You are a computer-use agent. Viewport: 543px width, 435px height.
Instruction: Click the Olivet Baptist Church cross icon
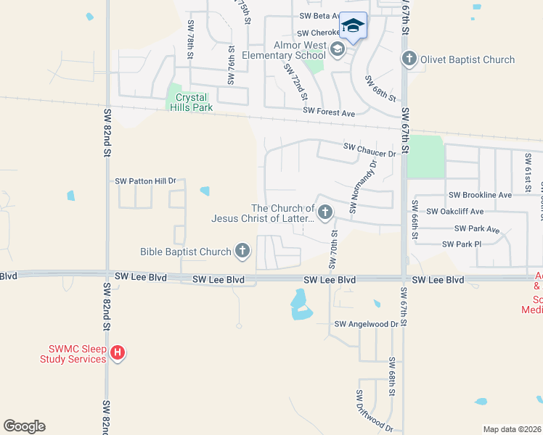coord(409,59)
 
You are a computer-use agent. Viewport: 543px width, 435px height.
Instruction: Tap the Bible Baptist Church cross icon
coord(242,252)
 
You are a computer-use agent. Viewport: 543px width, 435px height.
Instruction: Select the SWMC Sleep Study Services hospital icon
coord(118,354)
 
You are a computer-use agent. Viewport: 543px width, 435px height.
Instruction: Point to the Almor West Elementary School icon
coord(336,49)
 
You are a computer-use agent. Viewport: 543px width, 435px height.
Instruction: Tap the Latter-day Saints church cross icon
coord(324,212)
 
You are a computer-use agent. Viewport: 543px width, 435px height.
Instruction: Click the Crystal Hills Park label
coord(187,102)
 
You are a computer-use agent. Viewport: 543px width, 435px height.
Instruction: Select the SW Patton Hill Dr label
coord(146,181)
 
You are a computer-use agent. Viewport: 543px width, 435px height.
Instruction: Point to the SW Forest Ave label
coord(329,113)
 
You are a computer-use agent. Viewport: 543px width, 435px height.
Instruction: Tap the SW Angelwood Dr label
coord(367,324)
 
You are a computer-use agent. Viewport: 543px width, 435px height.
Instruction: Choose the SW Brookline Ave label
coord(480,195)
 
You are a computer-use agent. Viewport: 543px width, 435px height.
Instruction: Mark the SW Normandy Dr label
coord(363,186)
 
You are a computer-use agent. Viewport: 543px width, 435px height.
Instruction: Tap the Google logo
coord(24,426)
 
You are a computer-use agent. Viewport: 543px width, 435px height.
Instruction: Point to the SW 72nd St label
coord(296,81)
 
